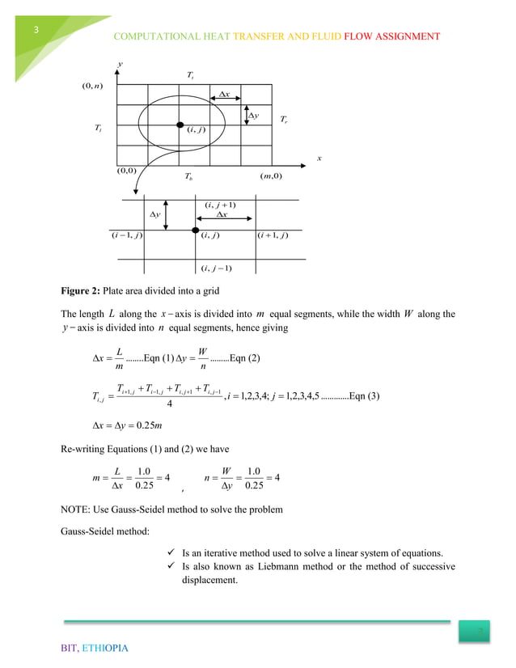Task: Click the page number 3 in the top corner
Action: pyautogui.click(x=36, y=31)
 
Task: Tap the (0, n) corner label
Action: pyautogui.click(x=84, y=82)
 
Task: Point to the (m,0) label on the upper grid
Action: pyautogui.click(x=271, y=176)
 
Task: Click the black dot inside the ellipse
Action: pyautogui.click(x=180, y=125)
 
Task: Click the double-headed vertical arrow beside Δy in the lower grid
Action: pyautogui.click(x=167, y=214)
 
